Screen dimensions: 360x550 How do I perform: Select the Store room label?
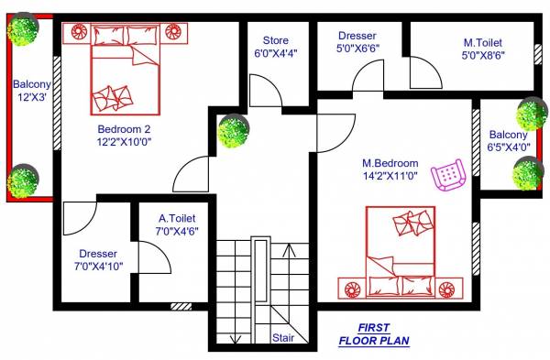[x=276, y=41]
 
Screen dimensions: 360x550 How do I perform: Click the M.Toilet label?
[x=483, y=43]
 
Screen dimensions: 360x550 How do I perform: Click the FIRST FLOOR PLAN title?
[x=374, y=334]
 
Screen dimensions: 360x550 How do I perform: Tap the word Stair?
[x=283, y=337]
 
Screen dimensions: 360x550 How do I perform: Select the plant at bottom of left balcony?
[x=23, y=180]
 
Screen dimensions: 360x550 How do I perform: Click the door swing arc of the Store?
[x=266, y=93]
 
